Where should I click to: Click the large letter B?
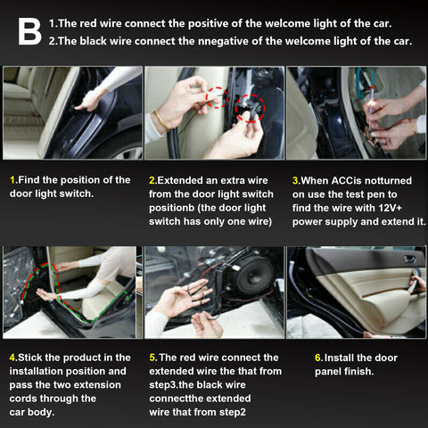point(29,31)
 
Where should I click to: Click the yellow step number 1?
point(12,179)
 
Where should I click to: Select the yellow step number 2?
point(152,179)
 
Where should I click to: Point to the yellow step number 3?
point(295,179)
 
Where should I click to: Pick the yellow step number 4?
point(12,357)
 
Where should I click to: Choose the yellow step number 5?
point(152,357)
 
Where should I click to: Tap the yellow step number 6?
point(317,357)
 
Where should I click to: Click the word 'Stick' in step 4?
point(34,357)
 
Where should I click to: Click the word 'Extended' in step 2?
point(185,179)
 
